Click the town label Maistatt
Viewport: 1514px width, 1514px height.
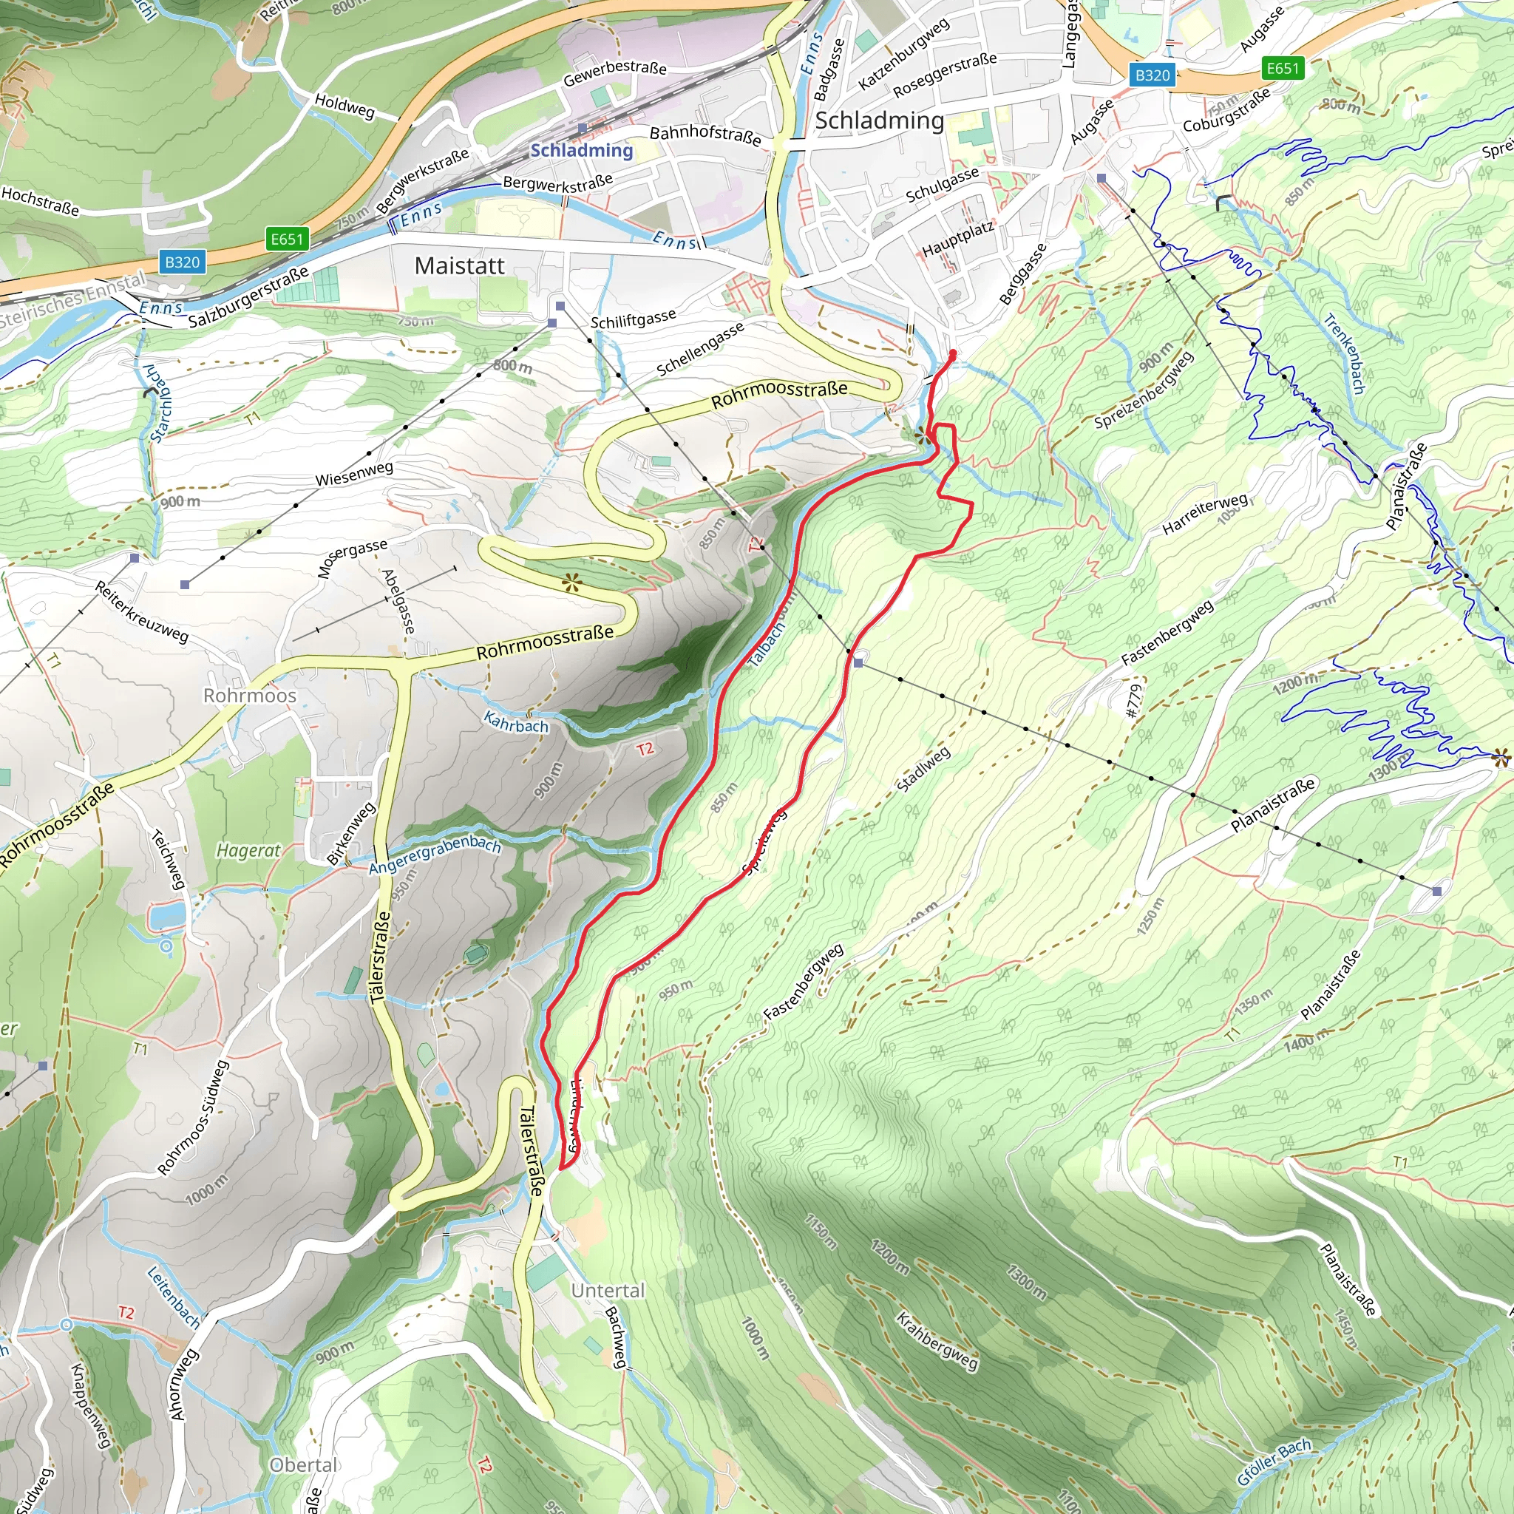point(459,265)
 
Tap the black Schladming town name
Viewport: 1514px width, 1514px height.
point(879,120)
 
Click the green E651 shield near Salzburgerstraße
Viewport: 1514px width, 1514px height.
point(286,239)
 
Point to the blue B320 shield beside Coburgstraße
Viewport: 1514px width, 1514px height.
point(1152,75)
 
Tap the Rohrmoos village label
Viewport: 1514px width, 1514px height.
point(250,695)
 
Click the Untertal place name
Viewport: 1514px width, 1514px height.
point(608,1290)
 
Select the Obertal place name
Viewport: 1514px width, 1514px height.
point(303,1464)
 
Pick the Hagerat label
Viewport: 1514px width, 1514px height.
point(248,849)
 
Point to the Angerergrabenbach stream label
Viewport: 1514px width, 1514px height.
point(434,854)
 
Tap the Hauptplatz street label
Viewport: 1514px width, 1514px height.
point(957,239)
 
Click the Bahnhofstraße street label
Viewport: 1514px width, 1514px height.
point(705,134)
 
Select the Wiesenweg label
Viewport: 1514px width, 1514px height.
point(354,473)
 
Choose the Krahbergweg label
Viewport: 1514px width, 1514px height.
point(937,1341)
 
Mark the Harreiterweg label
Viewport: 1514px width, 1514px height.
point(1204,514)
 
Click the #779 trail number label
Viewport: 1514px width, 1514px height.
point(1133,701)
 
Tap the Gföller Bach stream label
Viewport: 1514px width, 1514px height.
point(1274,1462)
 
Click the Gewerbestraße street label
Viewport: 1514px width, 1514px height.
point(615,73)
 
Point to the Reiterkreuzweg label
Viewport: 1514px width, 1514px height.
point(142,612)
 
